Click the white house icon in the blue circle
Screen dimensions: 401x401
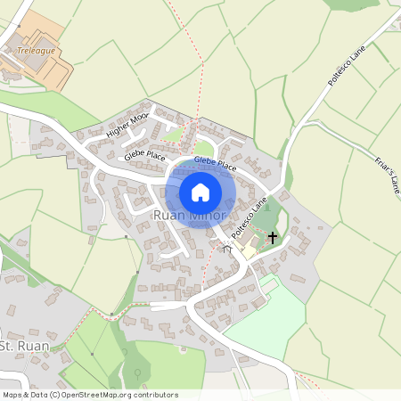[x=200, y=192]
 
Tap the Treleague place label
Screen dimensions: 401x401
[x=36, y=51]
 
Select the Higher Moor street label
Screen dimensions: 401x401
[x=127, y=126]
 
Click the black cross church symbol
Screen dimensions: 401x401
[x=273, y=238]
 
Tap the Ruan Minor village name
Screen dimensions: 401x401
[x=190, y=216]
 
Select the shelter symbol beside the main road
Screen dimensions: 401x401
[x=227, y=250]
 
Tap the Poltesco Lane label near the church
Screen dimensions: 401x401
[x=250, y=219]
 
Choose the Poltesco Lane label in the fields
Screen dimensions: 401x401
[x=346, y=66]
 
